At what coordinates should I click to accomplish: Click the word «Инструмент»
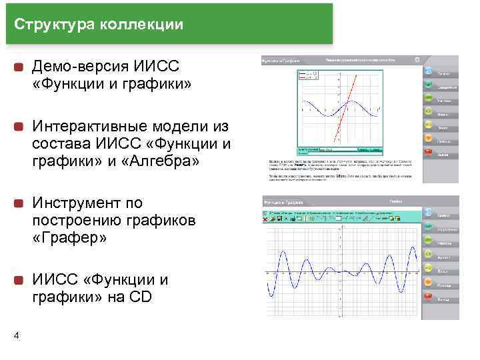73,203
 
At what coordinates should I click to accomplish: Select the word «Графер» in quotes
73,238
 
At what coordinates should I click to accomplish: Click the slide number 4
16,335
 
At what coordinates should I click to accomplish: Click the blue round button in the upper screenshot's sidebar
428,71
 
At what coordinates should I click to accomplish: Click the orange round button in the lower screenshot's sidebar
427,271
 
